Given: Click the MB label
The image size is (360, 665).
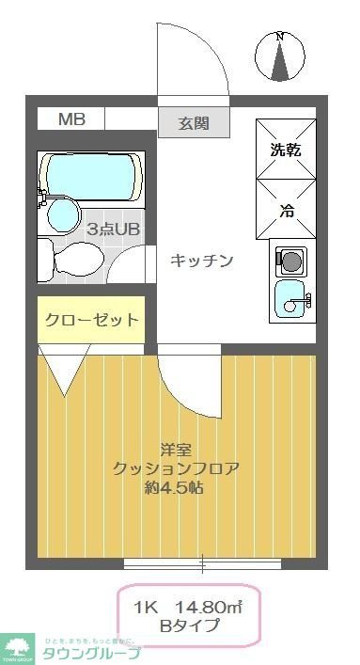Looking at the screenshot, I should coord(71,119).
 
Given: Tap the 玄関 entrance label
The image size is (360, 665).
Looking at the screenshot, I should coord(195,123).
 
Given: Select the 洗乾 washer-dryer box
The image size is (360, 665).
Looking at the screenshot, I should coord(286,149).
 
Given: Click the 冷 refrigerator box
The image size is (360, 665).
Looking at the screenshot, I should coord(286,210).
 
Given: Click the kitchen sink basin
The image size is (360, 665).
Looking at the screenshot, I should coord(292,300).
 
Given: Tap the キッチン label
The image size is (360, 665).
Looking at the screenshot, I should coord(201,261).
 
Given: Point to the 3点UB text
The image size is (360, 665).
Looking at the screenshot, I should coord(114,228).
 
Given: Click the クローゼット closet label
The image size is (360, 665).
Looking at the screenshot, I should coord(92,320).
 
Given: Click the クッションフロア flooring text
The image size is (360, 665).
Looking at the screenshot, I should coord(176,468).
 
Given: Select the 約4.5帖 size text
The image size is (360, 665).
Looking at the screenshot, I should coord(176,487).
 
